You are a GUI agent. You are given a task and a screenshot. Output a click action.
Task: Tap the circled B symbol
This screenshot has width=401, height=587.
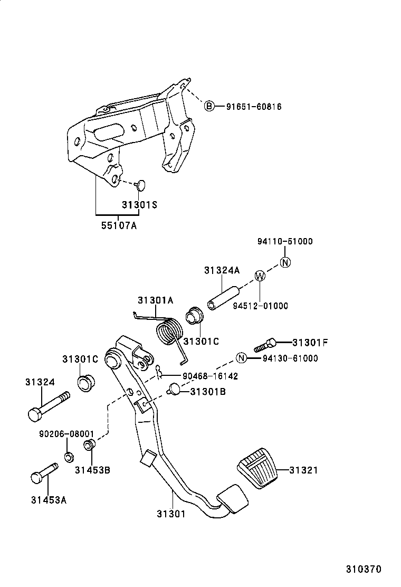[x=209, y=107]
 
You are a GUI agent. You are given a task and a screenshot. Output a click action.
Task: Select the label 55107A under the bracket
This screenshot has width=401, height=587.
[x=119, y=225]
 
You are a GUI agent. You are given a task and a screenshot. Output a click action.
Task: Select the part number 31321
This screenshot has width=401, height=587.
[x=303, y=470]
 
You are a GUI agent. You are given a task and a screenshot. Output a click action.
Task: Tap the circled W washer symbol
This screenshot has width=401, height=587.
[x=260, y=276]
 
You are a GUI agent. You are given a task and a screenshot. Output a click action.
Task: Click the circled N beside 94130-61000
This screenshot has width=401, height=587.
[x=241, y=358]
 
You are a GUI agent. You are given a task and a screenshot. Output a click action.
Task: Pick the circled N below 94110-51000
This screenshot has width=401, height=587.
[x=285, y=262]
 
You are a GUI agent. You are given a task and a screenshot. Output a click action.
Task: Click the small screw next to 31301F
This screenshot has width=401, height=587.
[x=265, y=345]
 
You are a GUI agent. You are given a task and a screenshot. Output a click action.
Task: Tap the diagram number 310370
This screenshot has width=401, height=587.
[x=364, y=569]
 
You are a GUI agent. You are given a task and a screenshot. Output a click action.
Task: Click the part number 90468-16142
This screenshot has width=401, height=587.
[x=211, y=376]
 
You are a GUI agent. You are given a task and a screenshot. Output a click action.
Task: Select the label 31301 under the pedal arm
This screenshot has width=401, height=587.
[x=170, y=513]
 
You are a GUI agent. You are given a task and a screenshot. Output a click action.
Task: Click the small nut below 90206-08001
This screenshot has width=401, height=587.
[x=69, y=456]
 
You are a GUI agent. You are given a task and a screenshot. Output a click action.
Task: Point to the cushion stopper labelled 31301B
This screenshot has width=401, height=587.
[x=174, y=390]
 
